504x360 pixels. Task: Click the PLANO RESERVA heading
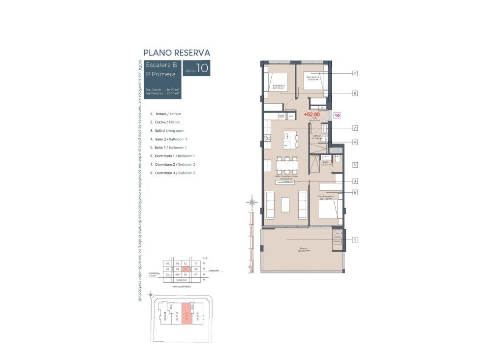(x=177, y=53)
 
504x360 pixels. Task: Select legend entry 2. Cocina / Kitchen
(x=165, y=121)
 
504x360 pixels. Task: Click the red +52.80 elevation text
(x=312, y=115)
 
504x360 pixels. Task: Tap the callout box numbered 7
(x=354, y=73)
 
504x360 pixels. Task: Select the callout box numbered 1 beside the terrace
(x=354, y=240)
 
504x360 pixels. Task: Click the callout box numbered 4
(x=354, y=143)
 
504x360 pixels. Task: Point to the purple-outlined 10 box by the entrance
(x=337, y=116)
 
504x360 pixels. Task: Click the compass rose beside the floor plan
(x=252, y=202)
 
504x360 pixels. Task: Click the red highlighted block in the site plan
(x=187, y=313)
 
